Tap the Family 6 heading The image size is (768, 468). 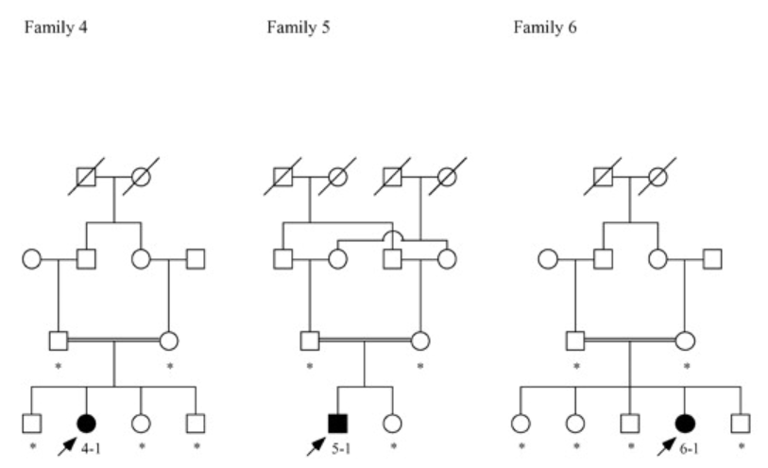[545, 26]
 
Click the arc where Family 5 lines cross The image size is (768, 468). [390, 234]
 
